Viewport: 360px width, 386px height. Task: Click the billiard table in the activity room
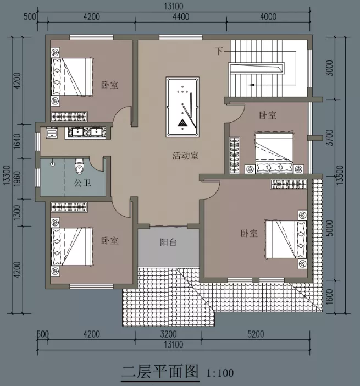tap(182, 107)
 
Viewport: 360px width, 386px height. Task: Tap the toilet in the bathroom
tap(79, 166)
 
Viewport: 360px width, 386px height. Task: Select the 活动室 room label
tap(185, 156)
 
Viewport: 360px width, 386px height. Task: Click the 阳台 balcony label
tap(169, 242)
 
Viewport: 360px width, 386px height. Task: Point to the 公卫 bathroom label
tap(82, 183)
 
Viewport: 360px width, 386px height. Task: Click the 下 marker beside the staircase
tap(219, 51)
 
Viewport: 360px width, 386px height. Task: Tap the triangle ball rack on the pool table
tap(182, 123)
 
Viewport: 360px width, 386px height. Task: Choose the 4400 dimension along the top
tap(181, 16)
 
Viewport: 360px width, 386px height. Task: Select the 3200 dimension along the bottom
tap(168, 334)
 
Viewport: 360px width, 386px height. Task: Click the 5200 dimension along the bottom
tap(256, 334)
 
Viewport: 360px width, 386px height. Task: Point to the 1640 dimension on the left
tap(17, 141)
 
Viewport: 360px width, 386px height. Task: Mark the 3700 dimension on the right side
tap(330, 137)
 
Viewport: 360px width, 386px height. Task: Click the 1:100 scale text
tap(220, 373)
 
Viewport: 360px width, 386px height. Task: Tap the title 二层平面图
tap(160, 372)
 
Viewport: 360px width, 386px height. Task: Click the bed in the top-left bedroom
tap(72, 76)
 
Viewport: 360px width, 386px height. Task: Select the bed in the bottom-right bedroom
tap(286, 239)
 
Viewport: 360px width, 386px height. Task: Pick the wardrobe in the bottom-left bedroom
tap(69, 207)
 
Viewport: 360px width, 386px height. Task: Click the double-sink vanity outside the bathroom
tap(85, 133)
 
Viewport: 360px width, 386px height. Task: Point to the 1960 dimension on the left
tap(17, 179)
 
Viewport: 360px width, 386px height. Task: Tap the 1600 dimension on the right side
tap(330, 296)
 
